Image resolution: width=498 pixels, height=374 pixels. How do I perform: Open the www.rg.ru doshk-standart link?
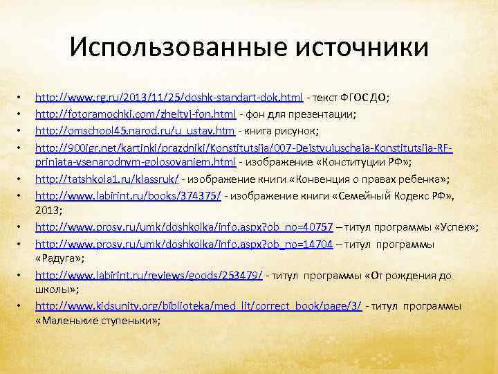(x=169, y=98)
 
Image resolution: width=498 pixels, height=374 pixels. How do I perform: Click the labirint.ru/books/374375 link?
(x=128, y=196)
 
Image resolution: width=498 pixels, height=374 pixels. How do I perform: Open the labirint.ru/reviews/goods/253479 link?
(x=149, y=276)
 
